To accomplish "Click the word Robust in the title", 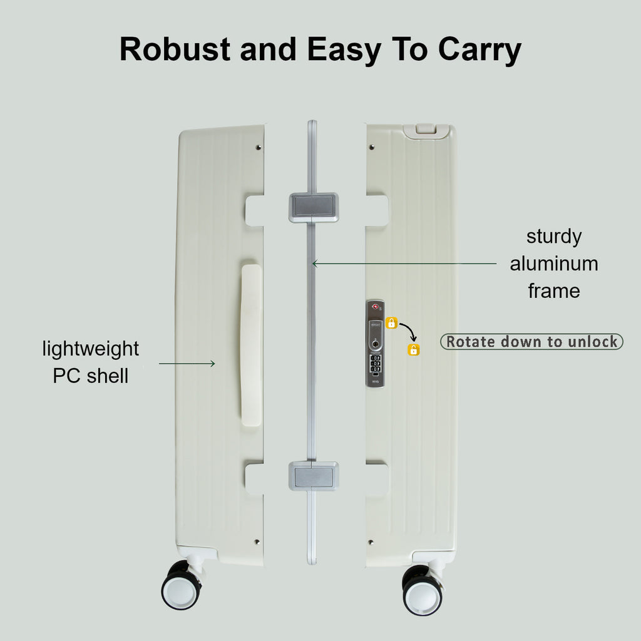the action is tap(175, 49).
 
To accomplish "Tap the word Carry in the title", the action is tap(479, 51).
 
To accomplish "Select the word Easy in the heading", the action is tap(344, 51).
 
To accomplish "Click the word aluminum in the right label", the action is tap(554, 264).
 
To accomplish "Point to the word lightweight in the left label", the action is tap(90, 349).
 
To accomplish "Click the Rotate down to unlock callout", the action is tap(531, 342).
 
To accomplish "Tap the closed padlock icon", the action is tap(392, 323).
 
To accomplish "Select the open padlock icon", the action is tap(414, 349).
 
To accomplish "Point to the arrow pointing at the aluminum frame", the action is tap(404, 264).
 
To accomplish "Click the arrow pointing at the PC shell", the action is tap(187, 364).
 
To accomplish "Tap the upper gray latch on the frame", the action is tap(314, 208).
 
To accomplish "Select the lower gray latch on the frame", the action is tap(314, 476).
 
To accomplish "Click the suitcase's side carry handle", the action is tap(251, 345).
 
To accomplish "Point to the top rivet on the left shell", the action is tap(259, 147).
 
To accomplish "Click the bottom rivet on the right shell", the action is tap(371, 542).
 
